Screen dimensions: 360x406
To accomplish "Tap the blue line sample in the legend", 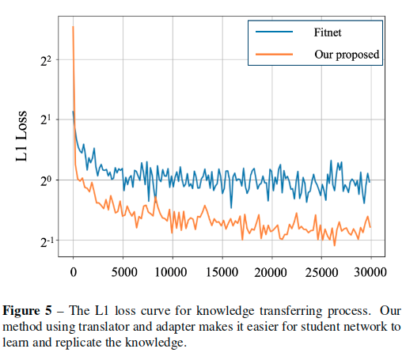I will [274, 32].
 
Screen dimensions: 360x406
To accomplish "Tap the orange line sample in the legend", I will [274, 55].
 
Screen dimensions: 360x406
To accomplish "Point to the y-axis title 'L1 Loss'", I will [23, 137].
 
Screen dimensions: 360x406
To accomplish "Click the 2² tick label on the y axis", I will [44, 60].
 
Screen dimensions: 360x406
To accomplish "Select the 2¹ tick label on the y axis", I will [44, 120].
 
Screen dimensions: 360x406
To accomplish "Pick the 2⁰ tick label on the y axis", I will [44, 180].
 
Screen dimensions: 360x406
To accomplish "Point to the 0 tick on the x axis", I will [74, 273].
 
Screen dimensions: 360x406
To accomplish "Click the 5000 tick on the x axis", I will [123, 273].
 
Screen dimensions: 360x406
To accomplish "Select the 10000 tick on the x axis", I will [173, 273].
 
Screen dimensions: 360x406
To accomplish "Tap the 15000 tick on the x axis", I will [222, 273].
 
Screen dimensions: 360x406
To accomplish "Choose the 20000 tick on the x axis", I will [271, 273].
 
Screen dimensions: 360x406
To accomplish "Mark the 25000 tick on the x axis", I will [321, 273].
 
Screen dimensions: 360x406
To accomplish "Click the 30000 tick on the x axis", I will [370, 273].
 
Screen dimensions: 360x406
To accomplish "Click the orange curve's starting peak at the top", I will [73, 27].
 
